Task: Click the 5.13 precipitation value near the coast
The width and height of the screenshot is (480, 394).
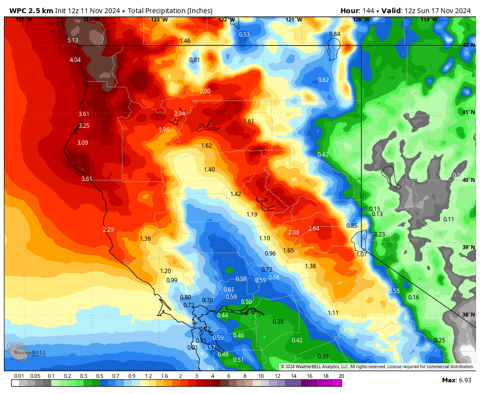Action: (x=73, y=40)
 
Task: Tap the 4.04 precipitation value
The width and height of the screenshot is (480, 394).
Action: (x=75, y=60)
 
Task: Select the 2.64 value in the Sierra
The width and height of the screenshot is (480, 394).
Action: (x=314, y=229)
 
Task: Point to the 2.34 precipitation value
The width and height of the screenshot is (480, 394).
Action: (x=180, y=114)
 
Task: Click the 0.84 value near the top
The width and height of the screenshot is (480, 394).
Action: (x=335, y=34)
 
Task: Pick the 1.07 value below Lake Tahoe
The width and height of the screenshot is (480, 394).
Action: (x=361, y=255)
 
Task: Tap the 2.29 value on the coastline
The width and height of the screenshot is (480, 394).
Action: (x=108, y=230)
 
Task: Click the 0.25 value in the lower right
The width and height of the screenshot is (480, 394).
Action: (x=440, y=340)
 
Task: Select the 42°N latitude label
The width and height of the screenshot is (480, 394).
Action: (x=468, y=45)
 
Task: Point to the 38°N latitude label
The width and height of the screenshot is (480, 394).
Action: (x=468, y=315)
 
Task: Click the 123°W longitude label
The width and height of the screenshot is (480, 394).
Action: (x=159, y=20)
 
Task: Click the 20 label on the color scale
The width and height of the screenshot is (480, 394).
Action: (x=341, y=376)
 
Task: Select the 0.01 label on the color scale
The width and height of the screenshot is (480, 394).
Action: (x=20, y=376)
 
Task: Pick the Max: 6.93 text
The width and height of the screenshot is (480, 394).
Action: (x=456, y=380)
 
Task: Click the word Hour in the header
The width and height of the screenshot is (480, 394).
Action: (x=349, y=11)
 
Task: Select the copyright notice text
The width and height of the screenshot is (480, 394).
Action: (x=377, y=367)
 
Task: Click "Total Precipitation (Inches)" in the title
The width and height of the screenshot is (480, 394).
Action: (x=170, y=11)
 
